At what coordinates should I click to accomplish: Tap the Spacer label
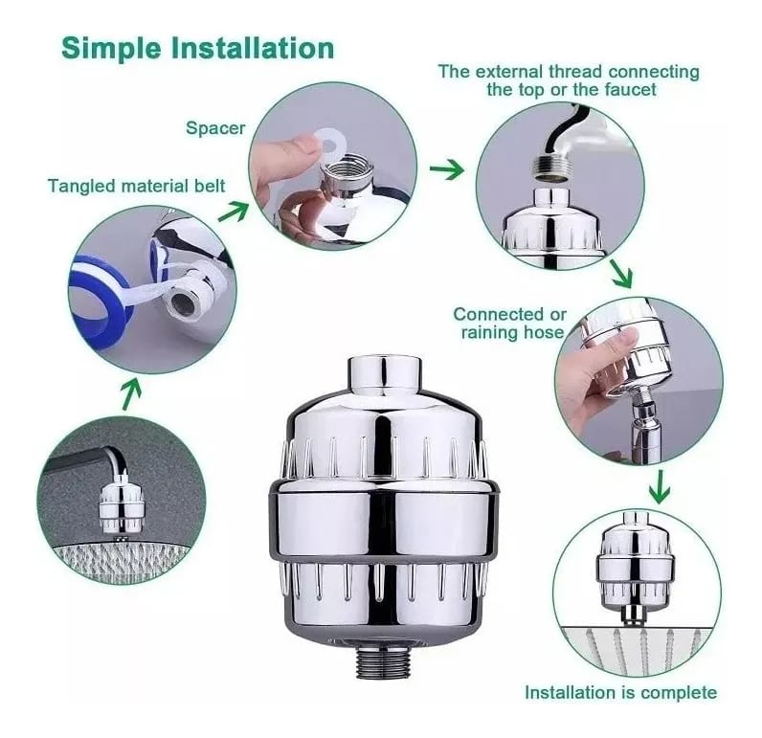(x=215, y=129)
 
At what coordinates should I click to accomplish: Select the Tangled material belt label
(x=137, y=186)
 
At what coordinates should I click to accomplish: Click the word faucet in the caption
(x=630, y=89)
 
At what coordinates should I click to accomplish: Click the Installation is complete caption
(x=620, y=692)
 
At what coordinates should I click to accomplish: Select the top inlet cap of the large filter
(x=385, y=375)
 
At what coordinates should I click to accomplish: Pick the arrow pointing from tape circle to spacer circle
(x=233, y=212)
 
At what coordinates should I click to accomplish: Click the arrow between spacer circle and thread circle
(x=447, y=169)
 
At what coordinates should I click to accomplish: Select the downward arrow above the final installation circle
(x=660, y=487)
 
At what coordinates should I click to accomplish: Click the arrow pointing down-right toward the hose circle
(x=621, y=274)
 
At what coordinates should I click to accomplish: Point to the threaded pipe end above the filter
(x=550, y=171)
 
